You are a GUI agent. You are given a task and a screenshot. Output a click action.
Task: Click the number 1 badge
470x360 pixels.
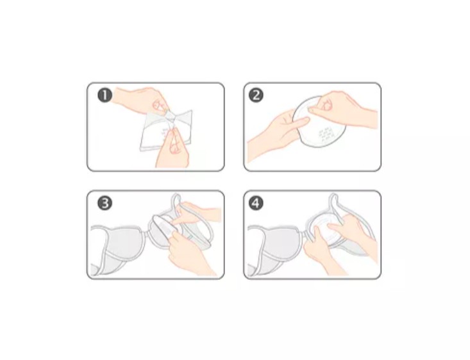pos(105,95)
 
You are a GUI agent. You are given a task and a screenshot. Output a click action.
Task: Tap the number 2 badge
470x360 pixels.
pos(256,95)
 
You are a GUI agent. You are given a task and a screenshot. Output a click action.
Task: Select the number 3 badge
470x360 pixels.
pos(105,203)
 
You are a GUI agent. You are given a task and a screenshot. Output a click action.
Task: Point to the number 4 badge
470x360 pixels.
pos(256,203)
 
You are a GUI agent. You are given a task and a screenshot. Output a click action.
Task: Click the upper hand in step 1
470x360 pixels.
pos(141,101)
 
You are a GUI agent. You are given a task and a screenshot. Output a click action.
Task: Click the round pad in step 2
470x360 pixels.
pos(319,121)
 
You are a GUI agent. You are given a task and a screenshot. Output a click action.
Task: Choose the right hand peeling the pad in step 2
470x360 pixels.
pos(342,110)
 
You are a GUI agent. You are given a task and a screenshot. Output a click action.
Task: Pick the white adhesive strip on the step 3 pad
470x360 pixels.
pos(165,227)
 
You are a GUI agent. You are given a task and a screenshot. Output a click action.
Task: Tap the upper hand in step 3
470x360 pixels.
pos(198,213)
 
